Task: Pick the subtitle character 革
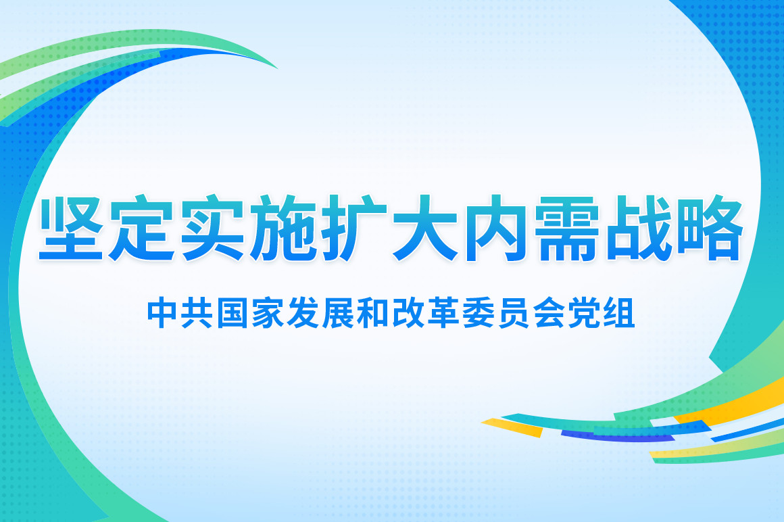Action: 443,314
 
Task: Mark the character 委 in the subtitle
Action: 478,314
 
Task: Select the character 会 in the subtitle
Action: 548,314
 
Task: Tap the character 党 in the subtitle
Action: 583,314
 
